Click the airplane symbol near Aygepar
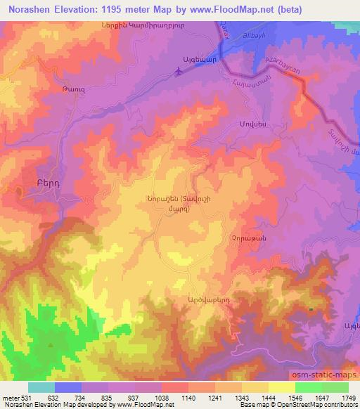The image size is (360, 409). point(182,70)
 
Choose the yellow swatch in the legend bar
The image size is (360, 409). point(281,387)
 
